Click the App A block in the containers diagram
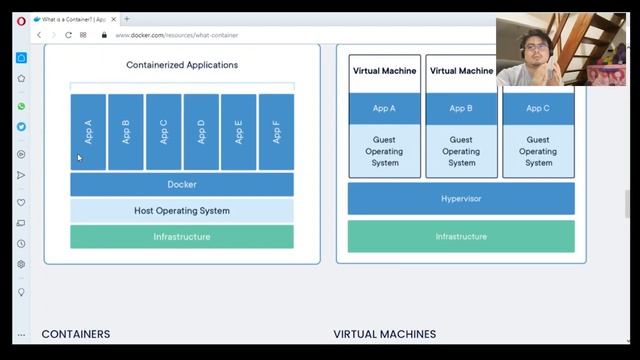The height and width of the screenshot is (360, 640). [88, 132]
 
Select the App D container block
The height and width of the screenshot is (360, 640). [201, 132]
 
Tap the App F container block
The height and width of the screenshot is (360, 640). [276, 132]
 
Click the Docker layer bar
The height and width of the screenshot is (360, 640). [181, 184]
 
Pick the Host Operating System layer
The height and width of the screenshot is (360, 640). [181, 211]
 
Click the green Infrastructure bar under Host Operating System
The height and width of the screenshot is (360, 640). [181, 237]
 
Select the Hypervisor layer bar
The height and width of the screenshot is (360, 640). [461, 199]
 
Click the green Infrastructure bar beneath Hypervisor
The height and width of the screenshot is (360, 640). [461, 237]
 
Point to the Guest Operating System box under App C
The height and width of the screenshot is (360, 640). [537, 151]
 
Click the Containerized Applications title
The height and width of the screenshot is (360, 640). [182, 65]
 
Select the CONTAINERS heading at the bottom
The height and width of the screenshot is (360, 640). [76, 334]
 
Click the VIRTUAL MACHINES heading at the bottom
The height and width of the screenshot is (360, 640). [384, 334]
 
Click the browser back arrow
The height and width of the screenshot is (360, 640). [39, 35]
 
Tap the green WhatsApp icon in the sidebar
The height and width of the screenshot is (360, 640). [21, 106]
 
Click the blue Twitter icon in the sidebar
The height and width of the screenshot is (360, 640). [21, 127]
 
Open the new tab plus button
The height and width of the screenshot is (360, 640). [127, 19]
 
